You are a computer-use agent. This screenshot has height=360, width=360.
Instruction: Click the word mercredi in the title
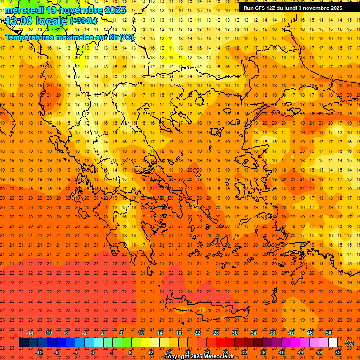[x=23, y=10]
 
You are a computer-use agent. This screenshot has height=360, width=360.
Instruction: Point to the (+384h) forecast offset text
[x=83, y=21]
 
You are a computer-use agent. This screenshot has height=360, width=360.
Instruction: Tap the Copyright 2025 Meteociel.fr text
[x=199, y=357]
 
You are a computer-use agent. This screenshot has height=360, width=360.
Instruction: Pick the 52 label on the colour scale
[x=337, y=352]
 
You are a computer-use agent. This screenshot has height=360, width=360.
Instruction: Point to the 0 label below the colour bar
[x=93, y=352]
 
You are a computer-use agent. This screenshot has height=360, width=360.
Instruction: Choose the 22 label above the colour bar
[x=197, y=333]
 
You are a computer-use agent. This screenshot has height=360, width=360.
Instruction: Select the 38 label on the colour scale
[x=272, y=333]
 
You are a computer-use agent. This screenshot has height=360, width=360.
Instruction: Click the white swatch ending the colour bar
[x=333, y=343]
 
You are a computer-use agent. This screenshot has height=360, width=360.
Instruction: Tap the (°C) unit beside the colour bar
[x=349, y=343]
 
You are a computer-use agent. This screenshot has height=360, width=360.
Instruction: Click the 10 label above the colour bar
[x=141, y=333]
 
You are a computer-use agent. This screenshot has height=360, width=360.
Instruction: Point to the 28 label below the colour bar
[x=225, y=352]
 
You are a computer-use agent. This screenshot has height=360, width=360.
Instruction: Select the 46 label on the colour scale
[x=310, y=333]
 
